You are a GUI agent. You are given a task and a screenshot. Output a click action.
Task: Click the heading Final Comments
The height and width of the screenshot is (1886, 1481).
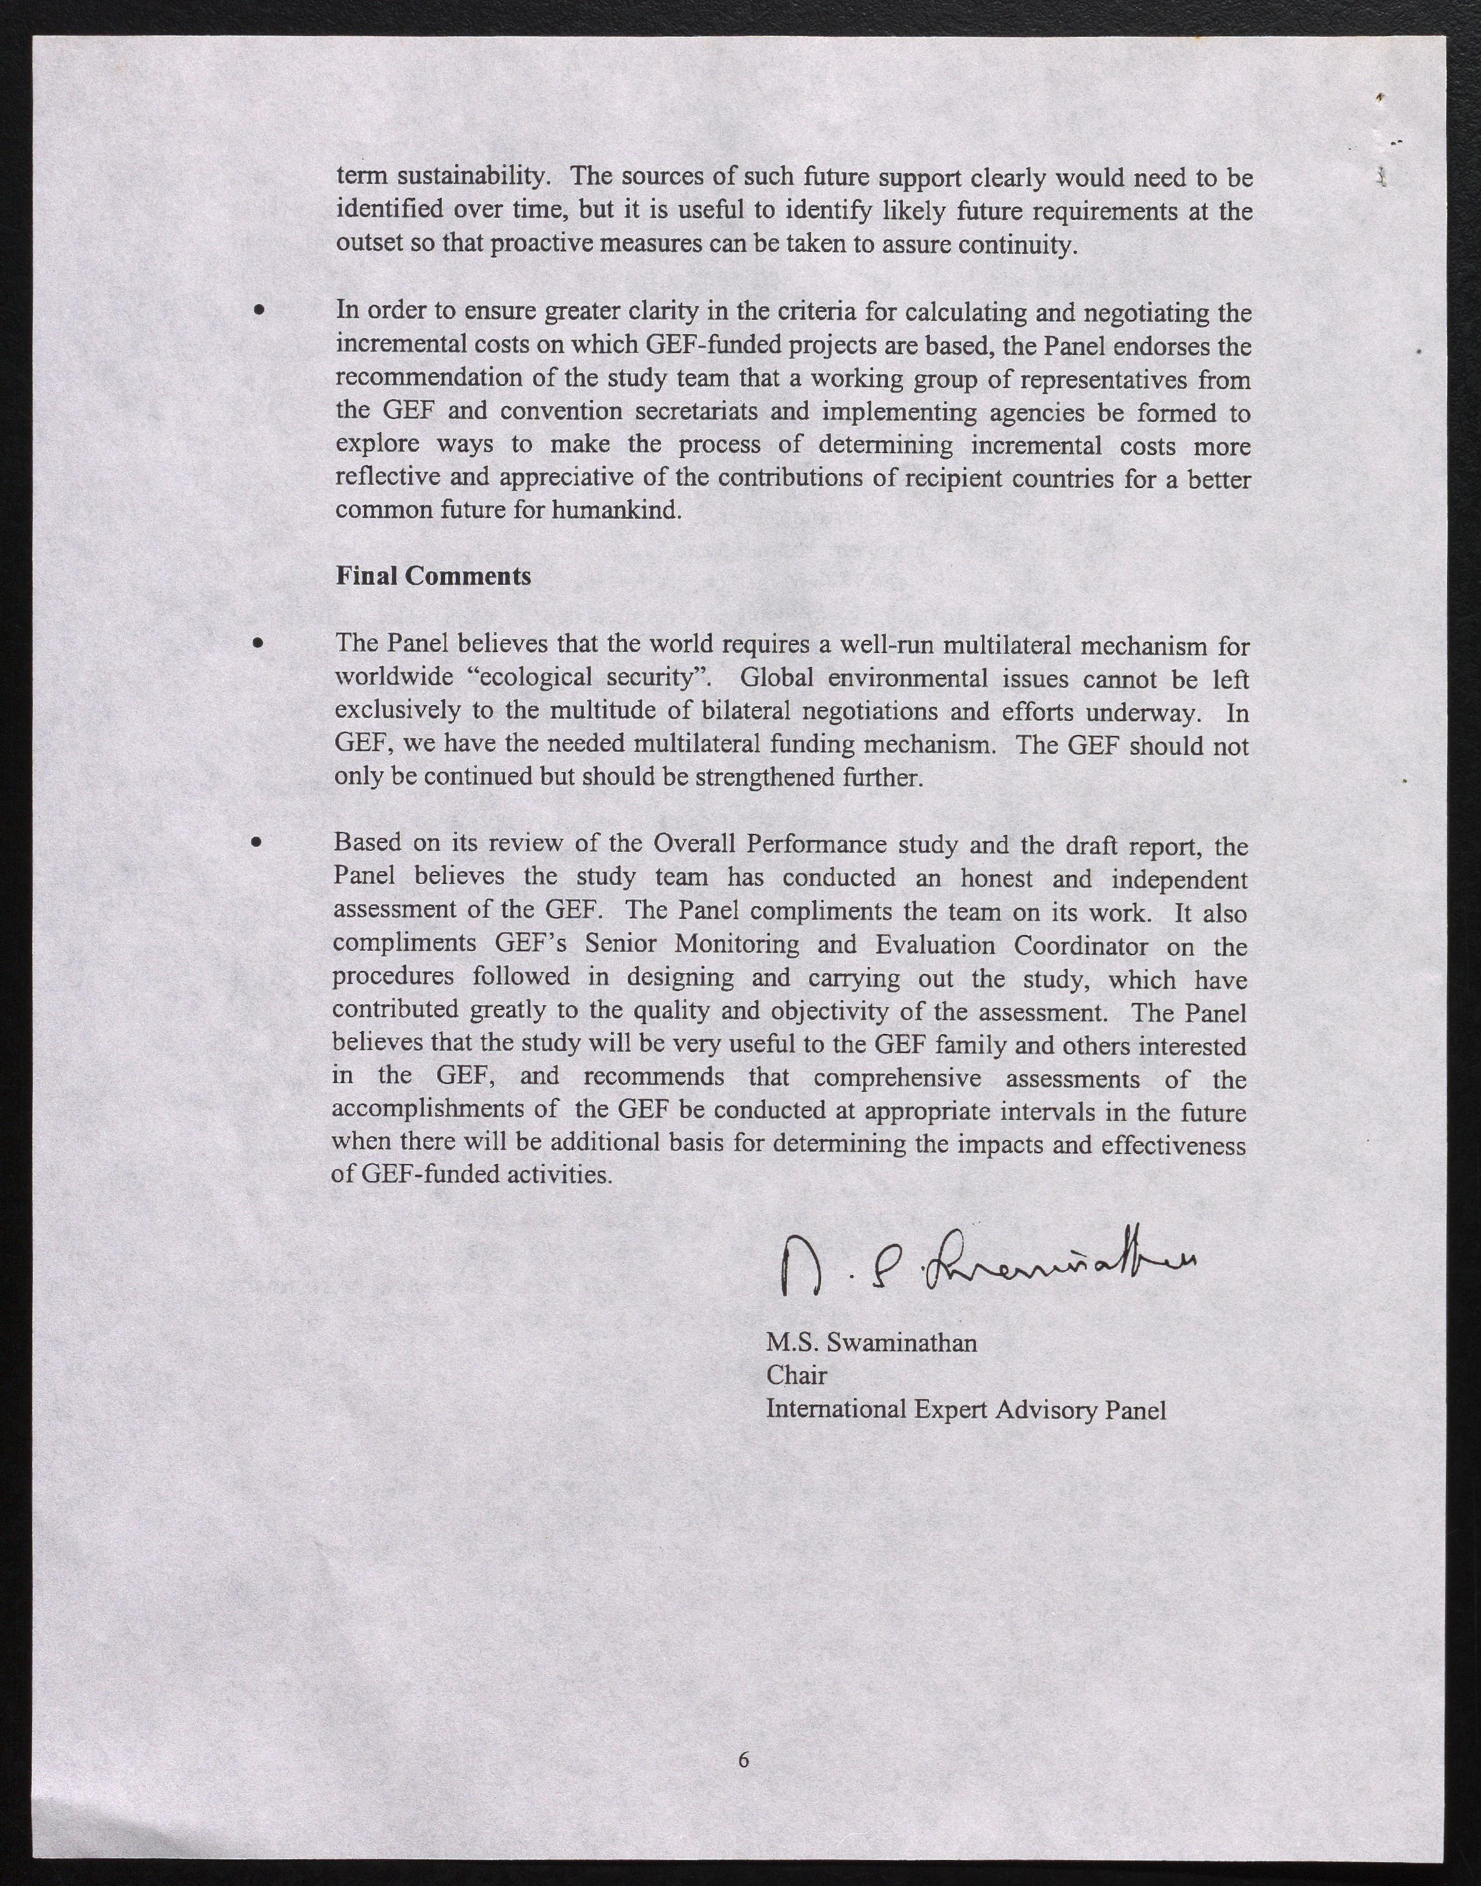tap(433, 576)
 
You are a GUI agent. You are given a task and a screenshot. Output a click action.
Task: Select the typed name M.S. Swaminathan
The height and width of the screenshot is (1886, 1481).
tap(871, 1343)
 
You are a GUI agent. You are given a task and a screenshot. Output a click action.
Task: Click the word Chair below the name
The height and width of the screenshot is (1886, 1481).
tap(796, 1376)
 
